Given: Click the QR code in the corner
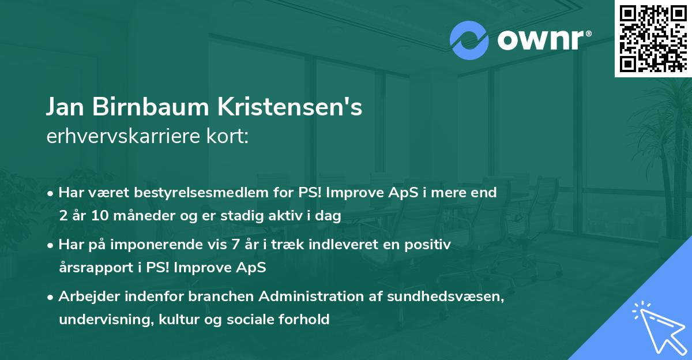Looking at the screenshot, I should point(653,39).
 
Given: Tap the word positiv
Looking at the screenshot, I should point(430,245).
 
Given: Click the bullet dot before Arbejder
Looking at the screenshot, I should point(51,297).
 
